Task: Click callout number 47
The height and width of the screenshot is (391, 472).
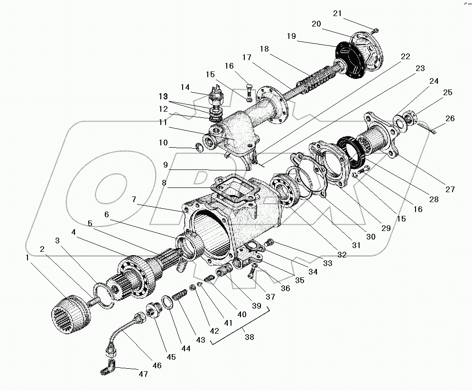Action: coord(143,374)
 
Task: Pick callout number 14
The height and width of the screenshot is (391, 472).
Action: coord(185,87)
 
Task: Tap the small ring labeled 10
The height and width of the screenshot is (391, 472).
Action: coord(200,148)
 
